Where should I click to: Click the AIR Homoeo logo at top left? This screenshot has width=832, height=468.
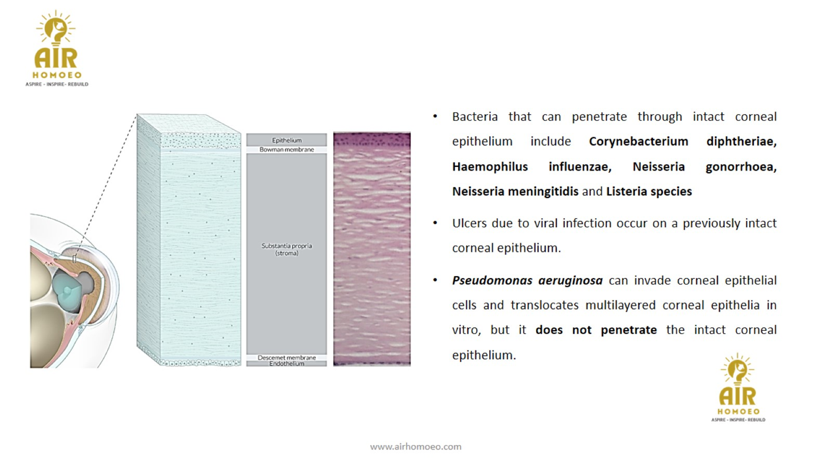pos(57,49)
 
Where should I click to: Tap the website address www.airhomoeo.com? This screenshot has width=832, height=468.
pos(416,447)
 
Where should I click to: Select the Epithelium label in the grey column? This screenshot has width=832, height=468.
pos(287,140)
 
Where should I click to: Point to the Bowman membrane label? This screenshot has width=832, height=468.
pos(287,149)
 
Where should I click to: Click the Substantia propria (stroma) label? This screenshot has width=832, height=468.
pos(287,249)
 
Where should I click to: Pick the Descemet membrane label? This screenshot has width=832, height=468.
pos(287,357)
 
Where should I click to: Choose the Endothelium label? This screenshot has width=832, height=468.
pos(287,364)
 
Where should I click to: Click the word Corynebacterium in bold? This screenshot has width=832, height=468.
pos(639,142)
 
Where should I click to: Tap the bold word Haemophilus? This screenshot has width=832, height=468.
pos(490,167)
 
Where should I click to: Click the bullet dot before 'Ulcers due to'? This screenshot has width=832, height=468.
pos(435,223)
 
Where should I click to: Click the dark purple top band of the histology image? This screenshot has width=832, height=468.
pos(372,138)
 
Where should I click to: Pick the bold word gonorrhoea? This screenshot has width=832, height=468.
pos(741,167)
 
